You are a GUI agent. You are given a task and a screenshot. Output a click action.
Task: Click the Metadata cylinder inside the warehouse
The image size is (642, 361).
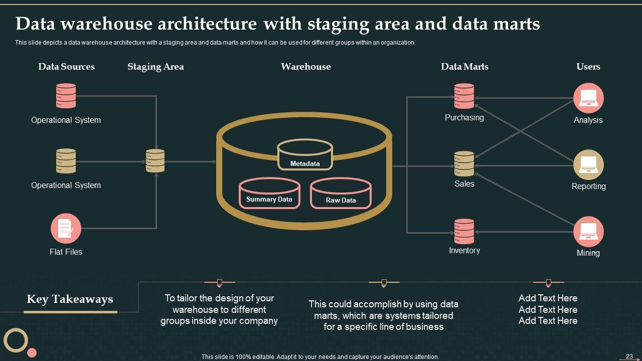305,154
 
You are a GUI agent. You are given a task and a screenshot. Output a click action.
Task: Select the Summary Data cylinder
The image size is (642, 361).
269,193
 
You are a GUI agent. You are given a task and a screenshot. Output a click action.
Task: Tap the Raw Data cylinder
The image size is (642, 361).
341,194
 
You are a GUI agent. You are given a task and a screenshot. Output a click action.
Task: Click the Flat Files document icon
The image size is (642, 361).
66,229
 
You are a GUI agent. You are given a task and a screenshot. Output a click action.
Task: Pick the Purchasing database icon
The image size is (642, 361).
464,96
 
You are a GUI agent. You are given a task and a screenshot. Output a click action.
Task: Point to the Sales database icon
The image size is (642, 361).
464,163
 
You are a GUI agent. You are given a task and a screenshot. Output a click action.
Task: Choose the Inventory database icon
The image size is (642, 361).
464,231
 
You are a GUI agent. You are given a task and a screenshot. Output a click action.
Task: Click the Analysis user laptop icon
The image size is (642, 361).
588,98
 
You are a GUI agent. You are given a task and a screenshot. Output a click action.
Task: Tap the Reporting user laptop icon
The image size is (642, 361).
588,164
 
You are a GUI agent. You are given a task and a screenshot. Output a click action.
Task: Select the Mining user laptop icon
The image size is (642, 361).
588,231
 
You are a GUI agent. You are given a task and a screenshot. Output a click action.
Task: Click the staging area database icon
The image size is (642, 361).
155,161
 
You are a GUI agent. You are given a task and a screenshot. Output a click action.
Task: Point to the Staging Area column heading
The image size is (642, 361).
155,67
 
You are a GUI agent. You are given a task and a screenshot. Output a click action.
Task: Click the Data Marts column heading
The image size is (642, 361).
464,67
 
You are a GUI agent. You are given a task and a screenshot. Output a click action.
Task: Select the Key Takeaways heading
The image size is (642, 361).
70,299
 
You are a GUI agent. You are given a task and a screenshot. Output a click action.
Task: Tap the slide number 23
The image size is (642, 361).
629,356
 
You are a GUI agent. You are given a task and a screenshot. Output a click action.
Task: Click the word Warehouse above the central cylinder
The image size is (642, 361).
306,67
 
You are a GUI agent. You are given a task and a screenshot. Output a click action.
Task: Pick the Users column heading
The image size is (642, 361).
588,67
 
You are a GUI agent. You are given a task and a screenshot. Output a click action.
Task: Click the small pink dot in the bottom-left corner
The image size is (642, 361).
32,352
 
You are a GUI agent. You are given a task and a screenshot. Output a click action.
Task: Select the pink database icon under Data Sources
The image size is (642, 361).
66,96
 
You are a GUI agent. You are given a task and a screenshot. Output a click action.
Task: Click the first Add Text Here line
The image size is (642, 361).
548,298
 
